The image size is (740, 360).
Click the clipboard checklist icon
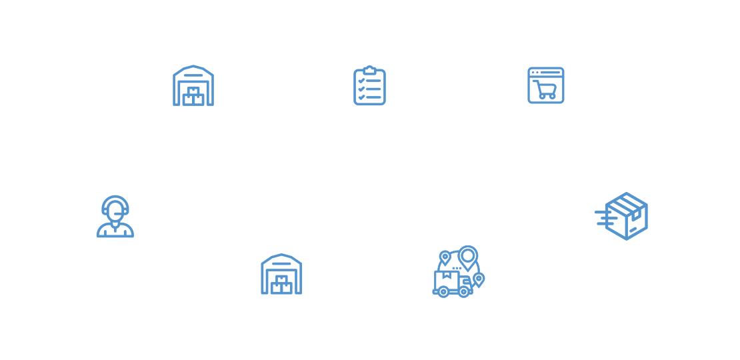click(369, 85)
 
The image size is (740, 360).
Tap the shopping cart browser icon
click(546, 85)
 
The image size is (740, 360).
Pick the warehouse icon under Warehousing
click(193, 85)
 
